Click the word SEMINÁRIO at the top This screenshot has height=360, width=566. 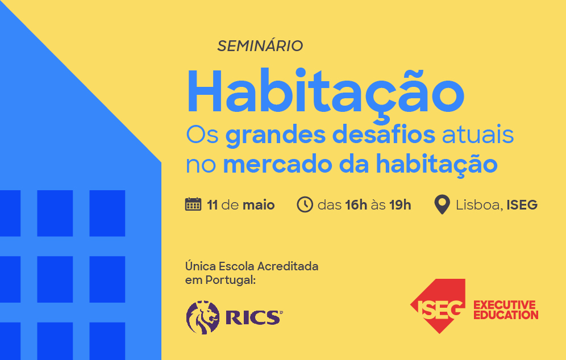[x=260, y=46]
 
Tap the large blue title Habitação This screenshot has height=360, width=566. [x=325, y=93]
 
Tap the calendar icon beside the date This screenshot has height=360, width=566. [x=193, y=204]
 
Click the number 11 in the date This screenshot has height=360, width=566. [x=213, y=205]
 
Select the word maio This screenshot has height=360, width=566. [x=259, y=205]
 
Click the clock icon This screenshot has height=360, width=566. [x=305, y=204]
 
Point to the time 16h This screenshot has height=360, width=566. [x=356, y=205]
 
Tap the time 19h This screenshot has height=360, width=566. [x=400, y=205]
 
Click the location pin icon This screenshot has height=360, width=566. [x=442, y=204]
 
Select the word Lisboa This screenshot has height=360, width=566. [x=477, y=205]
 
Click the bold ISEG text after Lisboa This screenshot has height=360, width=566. [x=522, y=205]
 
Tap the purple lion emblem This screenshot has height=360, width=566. [x=203, y=317]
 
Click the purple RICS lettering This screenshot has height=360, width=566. [x=253, y=317]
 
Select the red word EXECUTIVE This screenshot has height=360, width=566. [x=505, y=304]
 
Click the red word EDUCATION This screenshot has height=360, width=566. [x=506, y=315]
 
